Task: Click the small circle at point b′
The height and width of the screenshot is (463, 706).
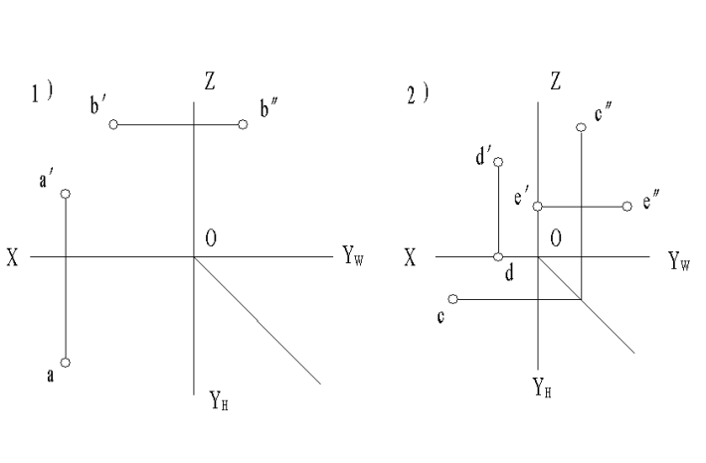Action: coord(113,124)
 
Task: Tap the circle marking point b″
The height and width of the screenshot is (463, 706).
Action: coord(243,124)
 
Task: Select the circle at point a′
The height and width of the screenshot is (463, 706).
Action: coord(66,194)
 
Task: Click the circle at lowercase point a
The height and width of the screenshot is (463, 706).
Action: coord(66,363)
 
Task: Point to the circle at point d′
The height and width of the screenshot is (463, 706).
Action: coord(498,162)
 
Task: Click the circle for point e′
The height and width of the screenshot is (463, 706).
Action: coord(537,207)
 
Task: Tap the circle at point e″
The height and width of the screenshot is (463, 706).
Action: coord(626,207)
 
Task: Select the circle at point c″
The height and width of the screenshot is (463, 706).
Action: coord(581,126)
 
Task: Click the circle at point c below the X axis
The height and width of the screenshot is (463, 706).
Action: coord(452,298)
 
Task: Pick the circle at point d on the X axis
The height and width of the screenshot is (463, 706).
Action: coord(498,256)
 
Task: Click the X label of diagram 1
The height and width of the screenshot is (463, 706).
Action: coord(13,257)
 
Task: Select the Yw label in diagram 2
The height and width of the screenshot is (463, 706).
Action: coord(679,261)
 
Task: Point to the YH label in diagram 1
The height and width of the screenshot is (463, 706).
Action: coord(220,401)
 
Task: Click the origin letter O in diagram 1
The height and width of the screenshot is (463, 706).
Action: coord(211,238)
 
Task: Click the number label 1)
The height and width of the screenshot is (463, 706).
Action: coord(42,93)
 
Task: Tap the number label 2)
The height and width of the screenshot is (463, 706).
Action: coord(418,93)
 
